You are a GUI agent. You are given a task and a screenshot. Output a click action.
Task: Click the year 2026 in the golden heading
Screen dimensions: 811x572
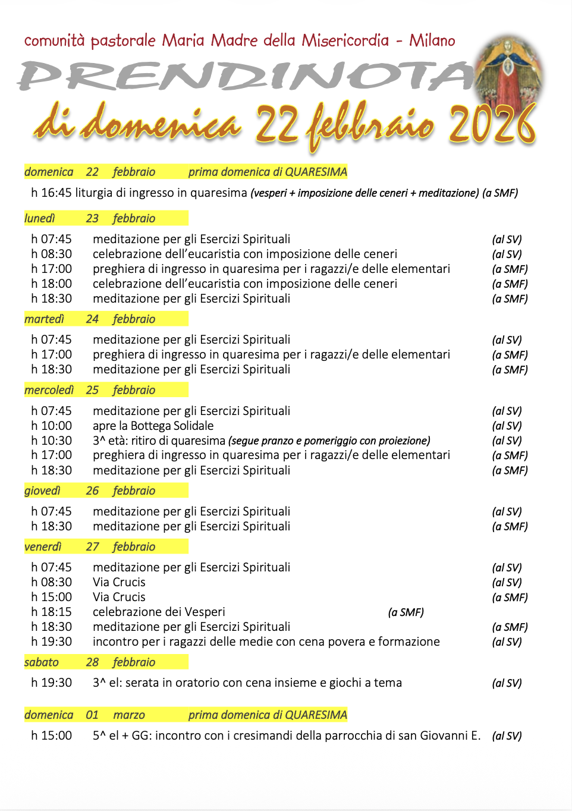[x=492, y=125]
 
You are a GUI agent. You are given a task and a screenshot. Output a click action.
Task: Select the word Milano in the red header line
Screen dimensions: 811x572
[x=432, y=40]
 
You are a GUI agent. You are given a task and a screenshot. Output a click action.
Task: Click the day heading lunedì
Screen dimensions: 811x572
[x=39, y=218]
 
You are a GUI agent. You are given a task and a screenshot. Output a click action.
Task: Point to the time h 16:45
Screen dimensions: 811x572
[x=51, y=193]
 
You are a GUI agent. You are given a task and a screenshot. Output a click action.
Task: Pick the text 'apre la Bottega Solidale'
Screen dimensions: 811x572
[x=153, y=426]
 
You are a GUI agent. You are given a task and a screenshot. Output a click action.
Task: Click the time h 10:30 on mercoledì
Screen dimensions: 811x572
[x=51, y=441]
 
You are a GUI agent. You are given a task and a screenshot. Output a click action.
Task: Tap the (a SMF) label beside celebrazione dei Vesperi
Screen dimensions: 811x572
[x=406, y=612]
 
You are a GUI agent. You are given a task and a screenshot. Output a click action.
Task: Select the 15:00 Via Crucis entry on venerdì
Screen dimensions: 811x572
[x=119, y=597]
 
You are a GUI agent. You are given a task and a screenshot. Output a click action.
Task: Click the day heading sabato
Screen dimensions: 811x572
[x=41, y=662]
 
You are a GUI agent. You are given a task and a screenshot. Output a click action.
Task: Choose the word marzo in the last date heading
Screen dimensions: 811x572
[x=129, y=715]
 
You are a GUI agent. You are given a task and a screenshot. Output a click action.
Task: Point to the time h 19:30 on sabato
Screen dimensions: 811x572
[x=51, y=683]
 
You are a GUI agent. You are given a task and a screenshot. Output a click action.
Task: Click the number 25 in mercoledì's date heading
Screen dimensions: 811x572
[x=92, y=390]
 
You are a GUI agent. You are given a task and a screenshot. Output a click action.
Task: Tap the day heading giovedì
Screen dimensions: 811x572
[x=42, y=491]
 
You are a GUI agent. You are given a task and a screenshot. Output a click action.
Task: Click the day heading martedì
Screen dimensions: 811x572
[x=44, y=319]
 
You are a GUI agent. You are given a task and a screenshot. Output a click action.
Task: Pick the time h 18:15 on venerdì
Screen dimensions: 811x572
[x=51, y=612]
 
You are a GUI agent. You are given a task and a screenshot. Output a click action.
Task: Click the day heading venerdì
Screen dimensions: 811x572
[x=43, y=546]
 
